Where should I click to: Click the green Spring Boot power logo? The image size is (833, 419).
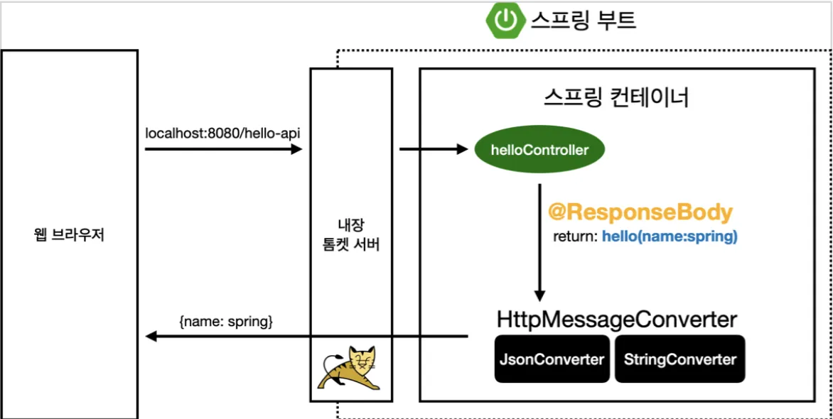(504, 21)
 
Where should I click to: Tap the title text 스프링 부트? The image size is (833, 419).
(582, 21)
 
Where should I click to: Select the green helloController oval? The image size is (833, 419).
(539, 151)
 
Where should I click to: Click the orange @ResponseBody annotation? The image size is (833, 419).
(640, 212)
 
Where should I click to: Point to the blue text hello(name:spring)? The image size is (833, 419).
(670, 237)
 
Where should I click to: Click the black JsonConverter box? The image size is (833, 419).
(552, 359)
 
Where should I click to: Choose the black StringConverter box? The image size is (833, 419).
(680, 359)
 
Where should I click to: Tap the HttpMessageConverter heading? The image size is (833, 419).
(617, 320)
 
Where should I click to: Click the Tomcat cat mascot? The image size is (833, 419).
(348, 368)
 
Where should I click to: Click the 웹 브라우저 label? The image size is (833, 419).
(68, 236)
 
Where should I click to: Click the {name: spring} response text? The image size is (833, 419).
(227, 322)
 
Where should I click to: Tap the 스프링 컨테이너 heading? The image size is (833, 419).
(617, 99)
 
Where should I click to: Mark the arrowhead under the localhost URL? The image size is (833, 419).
(296, 150)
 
